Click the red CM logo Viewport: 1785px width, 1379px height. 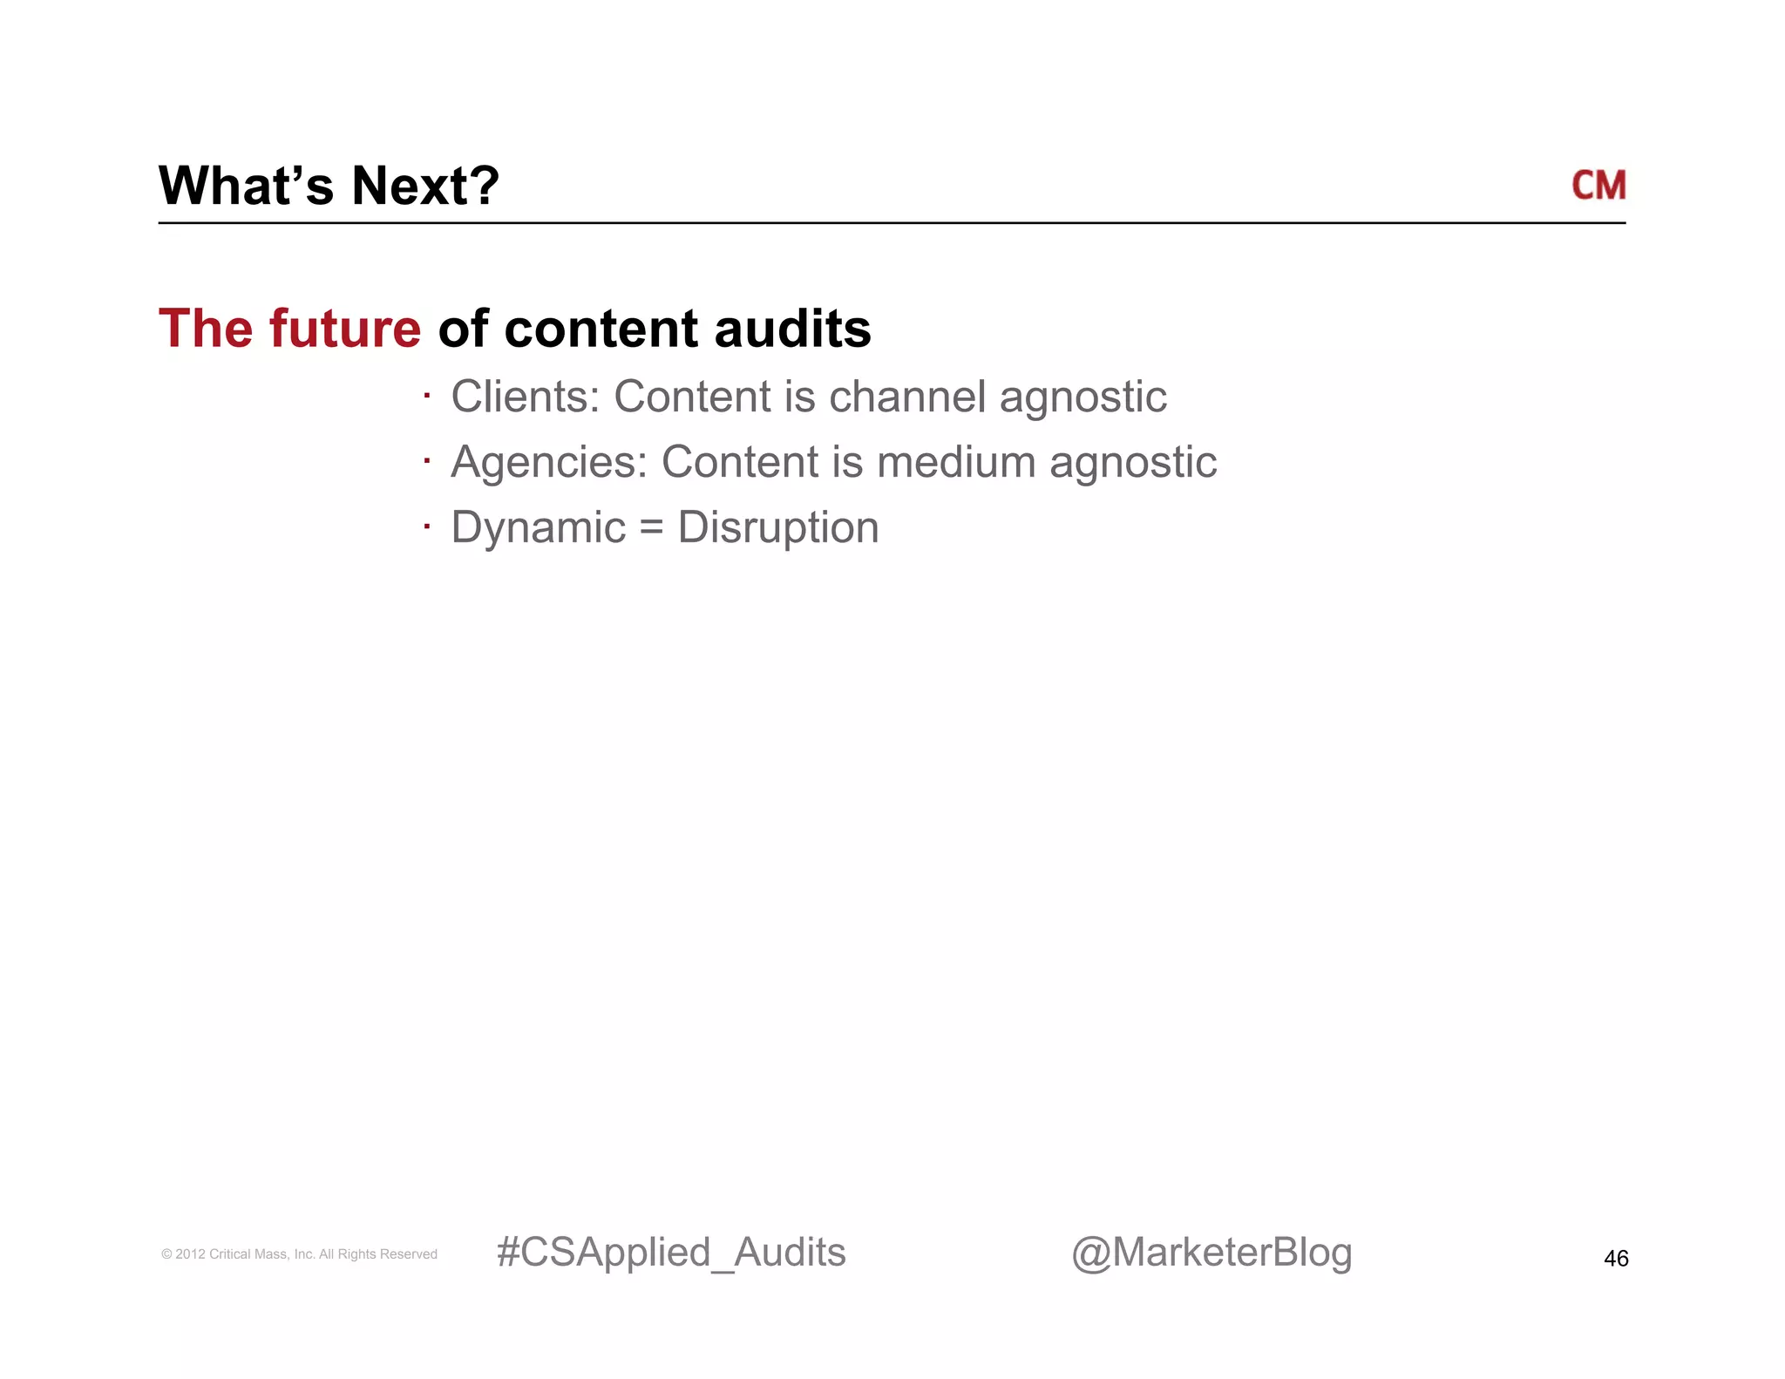tap(1598, 186)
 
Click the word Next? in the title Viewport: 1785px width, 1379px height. tap(425, 186)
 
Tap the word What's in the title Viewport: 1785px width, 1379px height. tap(246, 186)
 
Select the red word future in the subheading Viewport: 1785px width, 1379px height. tap(345, 329)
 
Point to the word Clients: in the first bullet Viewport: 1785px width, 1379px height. tap(526, 397)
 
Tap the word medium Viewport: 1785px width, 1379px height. tap(955, 462)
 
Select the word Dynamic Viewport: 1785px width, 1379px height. tap(539, 527)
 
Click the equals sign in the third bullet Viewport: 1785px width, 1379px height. tap(651, 528)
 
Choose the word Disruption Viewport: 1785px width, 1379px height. tap(778, 528)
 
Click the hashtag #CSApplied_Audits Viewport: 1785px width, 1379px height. tap(671, 1253)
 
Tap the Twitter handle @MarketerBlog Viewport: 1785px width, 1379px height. tap(1211, 1253)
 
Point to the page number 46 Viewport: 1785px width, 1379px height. tap(1616, 1258)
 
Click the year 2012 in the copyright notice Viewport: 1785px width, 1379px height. tap(190, 1254)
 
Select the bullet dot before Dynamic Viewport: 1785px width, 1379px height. tap(427, 526)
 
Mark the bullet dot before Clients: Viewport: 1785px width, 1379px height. tap(427, 396)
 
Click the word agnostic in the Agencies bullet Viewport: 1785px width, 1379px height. tap(1133, 463)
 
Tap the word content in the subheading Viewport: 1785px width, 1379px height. tap(601, 329)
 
